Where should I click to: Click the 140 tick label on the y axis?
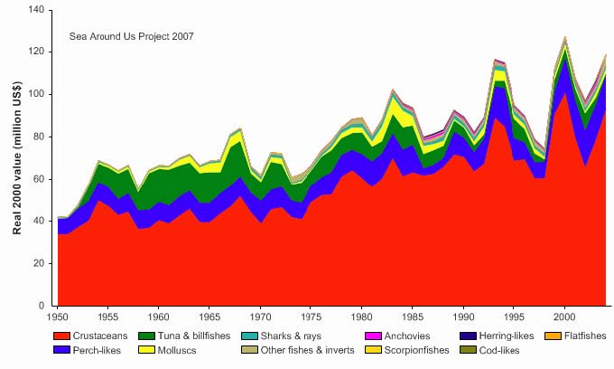point(35,10)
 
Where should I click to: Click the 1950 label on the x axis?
point(56,318)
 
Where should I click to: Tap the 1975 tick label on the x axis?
point(312,318)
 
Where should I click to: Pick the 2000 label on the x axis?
point(565,318)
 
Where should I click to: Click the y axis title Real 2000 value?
point(16,158)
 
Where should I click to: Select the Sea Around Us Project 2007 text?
point(131,36)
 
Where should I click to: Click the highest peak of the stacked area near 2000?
point(565,37)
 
